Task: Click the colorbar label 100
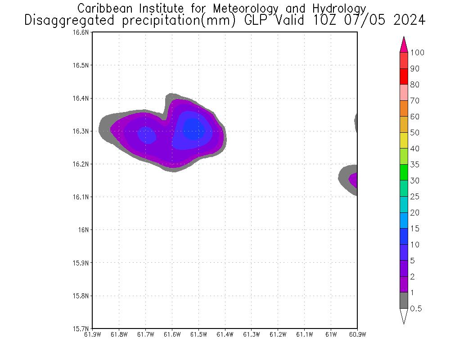coord(418,53)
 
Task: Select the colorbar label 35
coord(414,165)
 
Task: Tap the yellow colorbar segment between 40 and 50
coord(404,140)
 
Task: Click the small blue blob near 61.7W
coord(146,135)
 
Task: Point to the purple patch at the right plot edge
coord(354,180)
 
